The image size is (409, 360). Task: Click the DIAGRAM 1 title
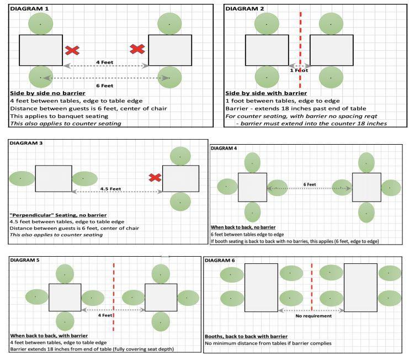(x=29, y=9)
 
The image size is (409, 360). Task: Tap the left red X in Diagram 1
(x=72, y=50)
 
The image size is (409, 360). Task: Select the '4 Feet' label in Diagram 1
(x=105, y=62)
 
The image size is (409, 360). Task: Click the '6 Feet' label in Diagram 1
(x=105, y=86)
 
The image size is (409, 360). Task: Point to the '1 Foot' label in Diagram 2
(x=299, y=71)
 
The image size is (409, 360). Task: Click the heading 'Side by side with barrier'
(x=266, y=93)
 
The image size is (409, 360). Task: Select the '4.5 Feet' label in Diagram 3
(x=110, y=189)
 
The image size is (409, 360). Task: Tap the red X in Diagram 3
(x=155, y=178)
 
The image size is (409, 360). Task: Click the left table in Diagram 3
(x=54, y=179)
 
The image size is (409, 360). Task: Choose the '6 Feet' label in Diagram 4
(x=310, y=184)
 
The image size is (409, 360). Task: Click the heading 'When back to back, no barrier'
(x=243, y=227)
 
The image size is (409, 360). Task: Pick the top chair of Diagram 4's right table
(x=366, y=163)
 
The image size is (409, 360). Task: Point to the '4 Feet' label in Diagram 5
(x=105, y=315)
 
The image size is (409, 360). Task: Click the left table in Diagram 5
(x=65, y=298)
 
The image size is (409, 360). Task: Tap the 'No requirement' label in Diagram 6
(x=314, y=316)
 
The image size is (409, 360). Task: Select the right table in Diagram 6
(x=360, y=288)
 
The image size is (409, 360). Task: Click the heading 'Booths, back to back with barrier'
(x=246, y=336)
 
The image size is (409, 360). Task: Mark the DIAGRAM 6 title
(x=220, y=261)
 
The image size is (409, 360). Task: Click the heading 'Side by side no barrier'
(x=47, y=93)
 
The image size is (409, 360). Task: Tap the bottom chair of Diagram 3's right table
(x=180, y=202)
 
